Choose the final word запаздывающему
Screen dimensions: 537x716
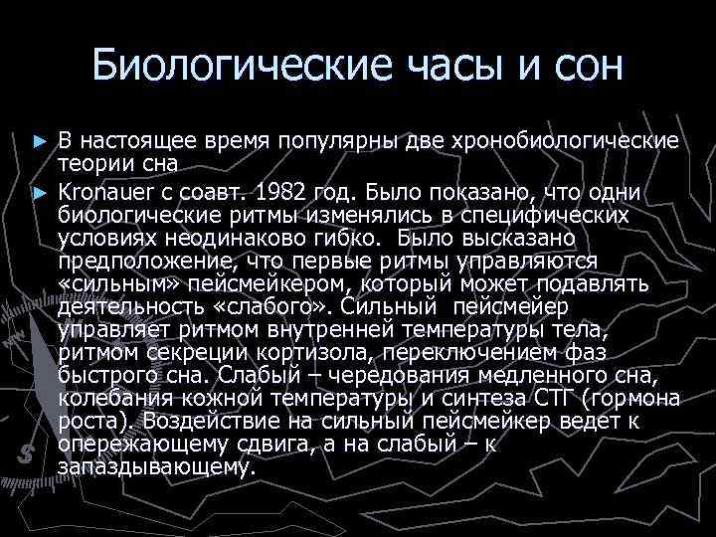click(x=157, y=465)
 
